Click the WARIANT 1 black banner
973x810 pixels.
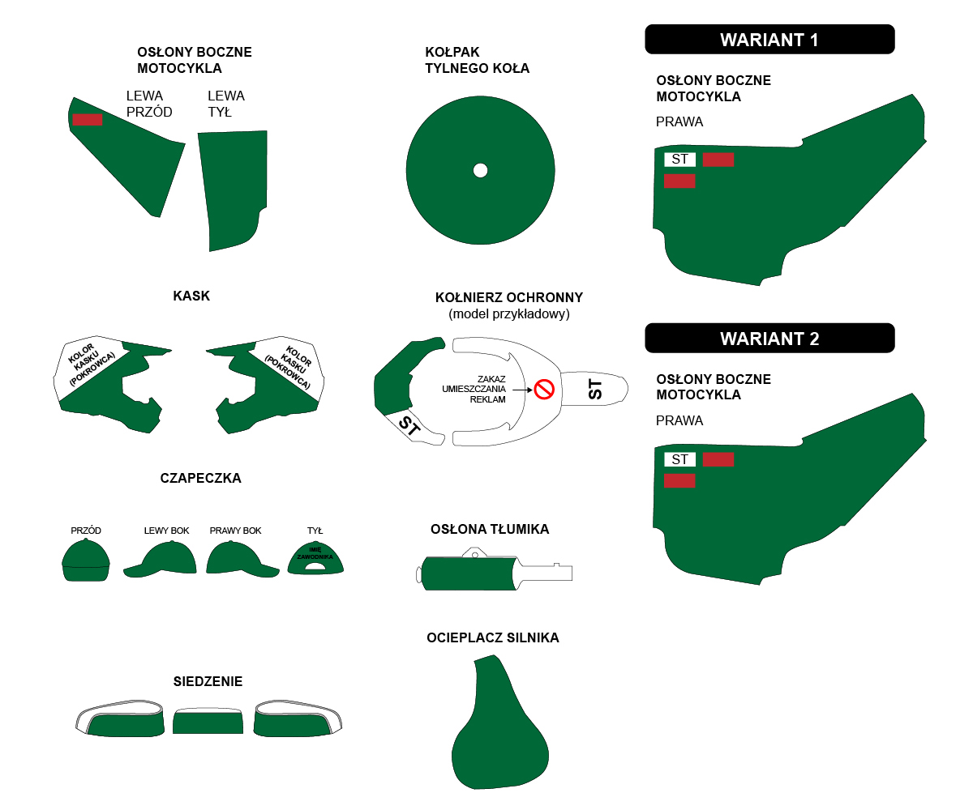point(769,39)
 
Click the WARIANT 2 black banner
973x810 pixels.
point(769,338)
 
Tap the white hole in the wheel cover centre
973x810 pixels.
point(481,170)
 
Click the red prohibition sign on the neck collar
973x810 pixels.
point(544,389)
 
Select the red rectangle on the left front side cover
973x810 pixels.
point(87,120)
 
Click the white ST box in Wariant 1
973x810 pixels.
point(680,160)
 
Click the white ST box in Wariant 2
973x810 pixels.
point(680,459)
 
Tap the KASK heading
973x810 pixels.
point(191,296)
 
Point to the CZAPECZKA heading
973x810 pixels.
point(200,478)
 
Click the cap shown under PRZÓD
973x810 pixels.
point(86,561)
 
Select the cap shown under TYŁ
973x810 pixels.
point(315,558)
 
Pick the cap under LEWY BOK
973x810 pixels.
point(161,560)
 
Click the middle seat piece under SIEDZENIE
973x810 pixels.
point(208,721)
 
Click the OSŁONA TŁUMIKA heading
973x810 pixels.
point(490,529)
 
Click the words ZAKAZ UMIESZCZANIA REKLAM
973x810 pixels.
point(474,389)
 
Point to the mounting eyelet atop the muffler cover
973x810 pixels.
point(474,553)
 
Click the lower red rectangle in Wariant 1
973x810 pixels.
point(679,181)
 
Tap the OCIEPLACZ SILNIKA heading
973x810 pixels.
point(493,637)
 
